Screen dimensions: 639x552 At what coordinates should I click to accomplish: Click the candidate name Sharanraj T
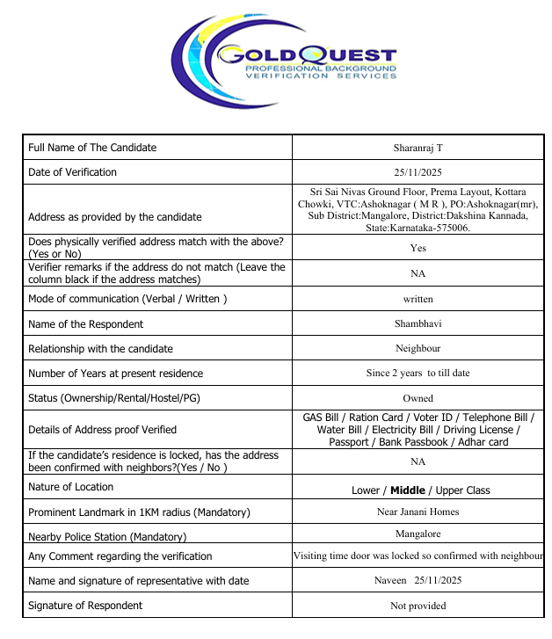tap(418, 148)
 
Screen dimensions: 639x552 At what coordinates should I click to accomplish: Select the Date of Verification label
tap(72, 172)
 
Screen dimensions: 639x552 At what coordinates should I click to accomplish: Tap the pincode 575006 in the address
tap(451, 228)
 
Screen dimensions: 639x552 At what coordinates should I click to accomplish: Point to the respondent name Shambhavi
tap(418, 323)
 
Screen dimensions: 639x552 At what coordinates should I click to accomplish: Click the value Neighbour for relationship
tap(418, 348)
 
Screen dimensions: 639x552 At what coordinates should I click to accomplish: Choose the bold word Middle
tap(408, 490)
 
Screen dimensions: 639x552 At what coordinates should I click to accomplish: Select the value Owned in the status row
tap(418, 398)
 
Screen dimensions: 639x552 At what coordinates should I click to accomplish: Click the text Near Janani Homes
tap(418, 512)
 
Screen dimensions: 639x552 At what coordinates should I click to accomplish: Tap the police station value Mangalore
tap(418, 534)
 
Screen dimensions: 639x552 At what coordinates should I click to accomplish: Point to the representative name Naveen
tap(389, 580)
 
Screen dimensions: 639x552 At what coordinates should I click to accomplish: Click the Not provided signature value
tap(418, 606)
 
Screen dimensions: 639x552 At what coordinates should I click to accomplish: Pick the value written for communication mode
tap(418, 299)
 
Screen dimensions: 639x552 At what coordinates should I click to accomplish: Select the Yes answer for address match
tap(418, 248)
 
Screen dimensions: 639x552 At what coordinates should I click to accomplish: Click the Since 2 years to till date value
tap(418, 373)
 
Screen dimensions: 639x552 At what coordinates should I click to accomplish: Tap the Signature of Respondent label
tap(85, 606)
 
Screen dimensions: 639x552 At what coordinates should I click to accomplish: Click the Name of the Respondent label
tap(85, 324)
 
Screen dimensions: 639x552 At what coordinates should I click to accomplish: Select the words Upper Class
tap(462, 490)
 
